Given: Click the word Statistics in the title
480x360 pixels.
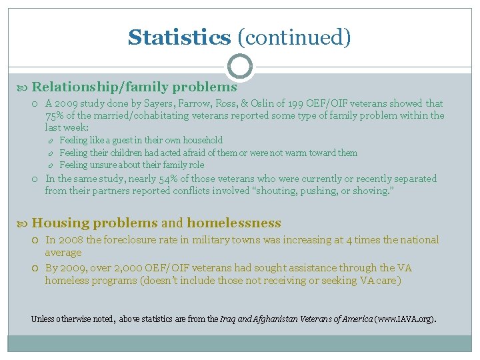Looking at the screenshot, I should (179, 37).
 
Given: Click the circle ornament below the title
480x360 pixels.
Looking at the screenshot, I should (240, 67).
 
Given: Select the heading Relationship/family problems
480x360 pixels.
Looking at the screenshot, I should (134, 87).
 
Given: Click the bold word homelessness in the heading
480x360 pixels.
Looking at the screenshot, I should (233, 223).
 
